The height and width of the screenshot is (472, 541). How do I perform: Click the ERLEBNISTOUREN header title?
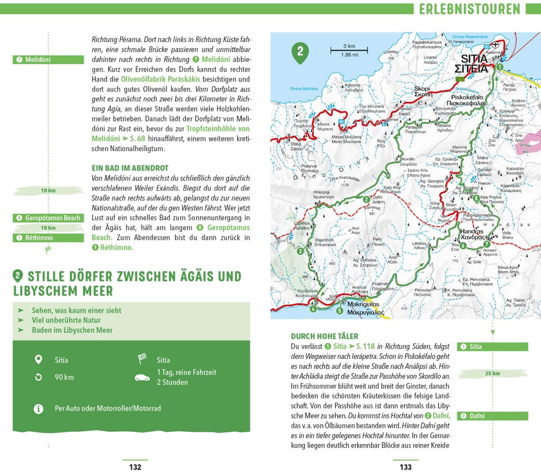469,9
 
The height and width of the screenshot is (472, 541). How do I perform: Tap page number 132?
135,467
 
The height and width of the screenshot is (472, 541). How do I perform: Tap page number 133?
406,467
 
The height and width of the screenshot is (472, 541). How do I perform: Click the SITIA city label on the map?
474,59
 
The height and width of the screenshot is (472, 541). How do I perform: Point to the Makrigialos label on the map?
363,304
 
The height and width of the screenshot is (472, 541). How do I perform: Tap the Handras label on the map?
472,232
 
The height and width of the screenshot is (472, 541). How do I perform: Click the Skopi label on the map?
422,89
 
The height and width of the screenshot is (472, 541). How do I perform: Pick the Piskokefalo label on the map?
467,97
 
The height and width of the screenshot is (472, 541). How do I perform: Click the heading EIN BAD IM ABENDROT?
130,168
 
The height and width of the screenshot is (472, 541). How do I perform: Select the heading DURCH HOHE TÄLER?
325,336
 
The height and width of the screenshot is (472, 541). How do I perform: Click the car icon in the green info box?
142,378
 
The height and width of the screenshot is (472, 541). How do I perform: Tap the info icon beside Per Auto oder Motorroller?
39,408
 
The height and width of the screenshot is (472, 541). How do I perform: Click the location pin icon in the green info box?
39,360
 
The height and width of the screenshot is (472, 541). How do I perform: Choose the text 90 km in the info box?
64,377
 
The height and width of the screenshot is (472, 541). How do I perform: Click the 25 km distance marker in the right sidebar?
492,373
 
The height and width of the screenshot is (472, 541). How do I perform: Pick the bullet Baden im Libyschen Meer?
72,330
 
